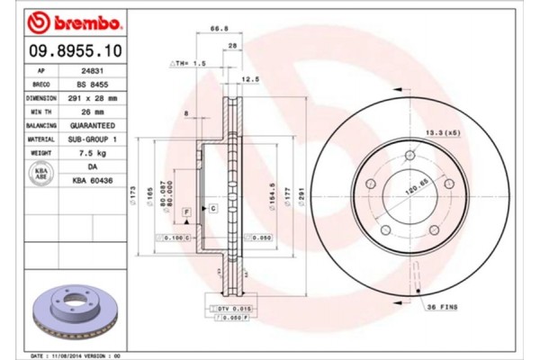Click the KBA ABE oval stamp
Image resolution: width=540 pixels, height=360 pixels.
point(40,175)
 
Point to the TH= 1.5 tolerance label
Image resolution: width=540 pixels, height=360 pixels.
point(189,65)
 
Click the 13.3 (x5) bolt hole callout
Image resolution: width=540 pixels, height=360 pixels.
point(438,131)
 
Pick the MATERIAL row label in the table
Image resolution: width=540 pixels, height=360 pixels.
point(41,140)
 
